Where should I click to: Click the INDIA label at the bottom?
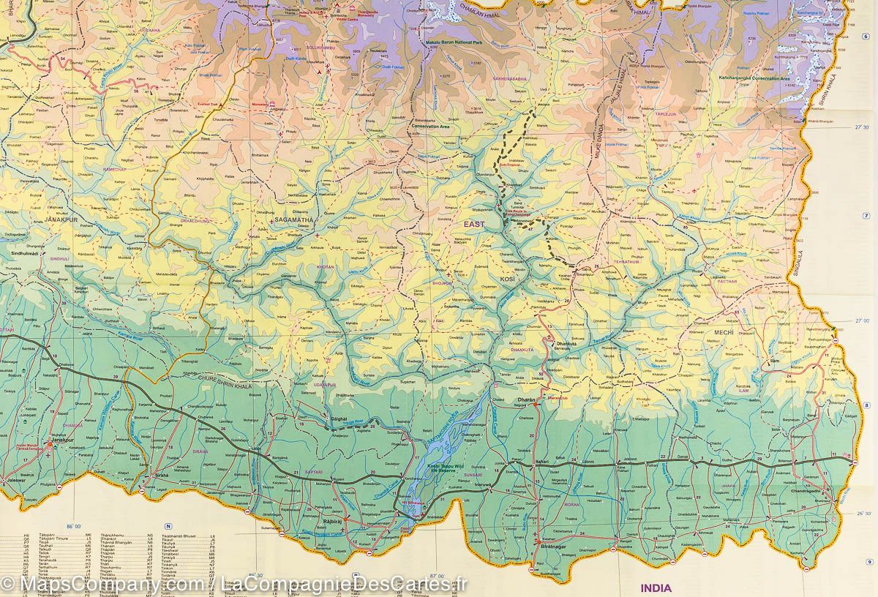(656, 587)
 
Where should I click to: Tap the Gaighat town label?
(337, 420)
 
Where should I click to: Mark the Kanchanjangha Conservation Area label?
(753, 78)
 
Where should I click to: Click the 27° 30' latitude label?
(863, 128)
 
